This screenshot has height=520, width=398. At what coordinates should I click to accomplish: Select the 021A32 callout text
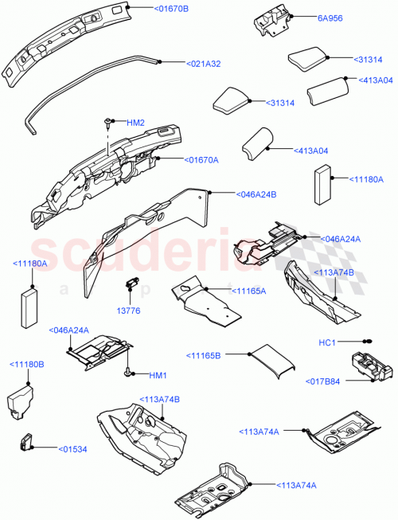point(204,64)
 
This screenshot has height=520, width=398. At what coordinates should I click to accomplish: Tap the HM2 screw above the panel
point(107,123)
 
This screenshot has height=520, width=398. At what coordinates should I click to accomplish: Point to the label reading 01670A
point(202,159)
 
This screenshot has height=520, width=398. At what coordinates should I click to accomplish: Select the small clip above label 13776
point(132,282)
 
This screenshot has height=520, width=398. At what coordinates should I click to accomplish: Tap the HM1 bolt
point(127,372)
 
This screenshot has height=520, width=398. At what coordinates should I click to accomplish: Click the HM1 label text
point(158,375)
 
